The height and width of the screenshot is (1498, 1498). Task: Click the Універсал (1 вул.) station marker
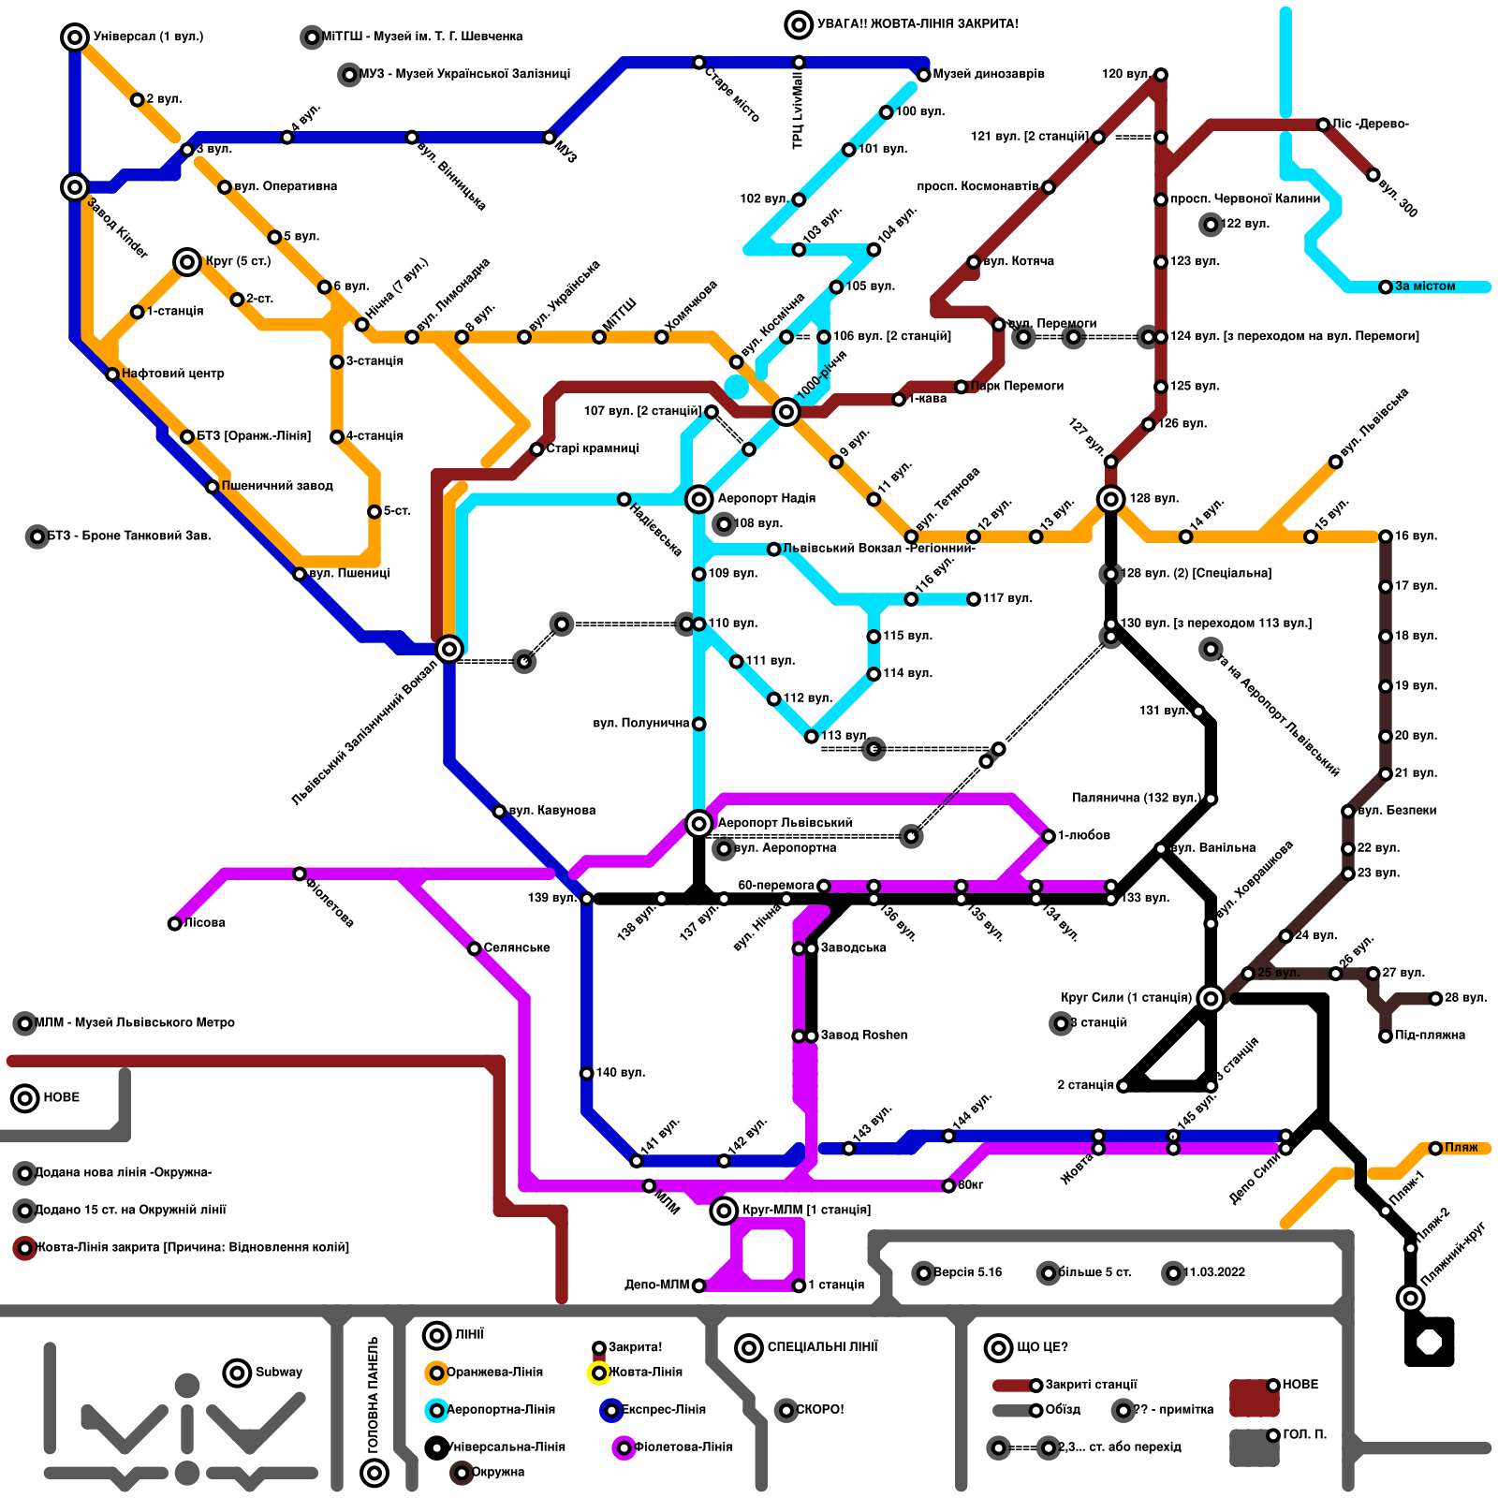click(75, 37)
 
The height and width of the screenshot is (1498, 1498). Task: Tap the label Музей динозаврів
click(989, 74)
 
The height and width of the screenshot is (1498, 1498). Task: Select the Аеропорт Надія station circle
click(698, 499)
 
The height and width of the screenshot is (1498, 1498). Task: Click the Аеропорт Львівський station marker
click(698, 824)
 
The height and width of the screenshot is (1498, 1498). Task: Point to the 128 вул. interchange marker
click(1111, 499)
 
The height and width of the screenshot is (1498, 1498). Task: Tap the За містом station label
click(1425, 286)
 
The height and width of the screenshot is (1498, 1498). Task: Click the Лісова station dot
click(175, 924)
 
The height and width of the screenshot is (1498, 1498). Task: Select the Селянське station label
click(517, 948)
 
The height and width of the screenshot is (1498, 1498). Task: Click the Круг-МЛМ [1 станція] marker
click(724, 1211)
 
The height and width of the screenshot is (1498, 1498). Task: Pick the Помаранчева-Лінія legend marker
click(436, 1373)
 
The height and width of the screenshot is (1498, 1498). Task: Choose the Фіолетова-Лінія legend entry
click(683, 1447)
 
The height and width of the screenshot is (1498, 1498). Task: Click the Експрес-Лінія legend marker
click(611, 1410)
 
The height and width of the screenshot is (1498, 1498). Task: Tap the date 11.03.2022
click(1214, 1272)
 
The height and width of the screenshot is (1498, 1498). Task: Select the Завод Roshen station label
click(863, 1035)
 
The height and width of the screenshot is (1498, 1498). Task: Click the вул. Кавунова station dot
click(499, 811)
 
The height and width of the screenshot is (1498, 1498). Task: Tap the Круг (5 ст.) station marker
click(187, 262)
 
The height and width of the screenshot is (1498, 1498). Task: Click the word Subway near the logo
click(279, 1373)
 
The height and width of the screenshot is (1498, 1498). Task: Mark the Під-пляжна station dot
click(1386, 1035)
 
